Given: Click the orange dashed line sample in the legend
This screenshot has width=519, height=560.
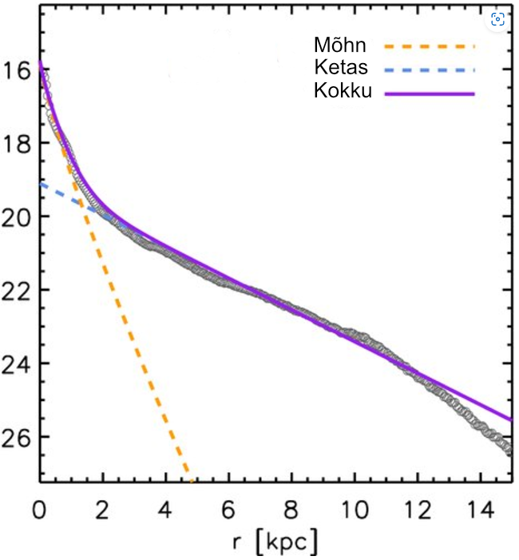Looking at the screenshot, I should coord(429,46).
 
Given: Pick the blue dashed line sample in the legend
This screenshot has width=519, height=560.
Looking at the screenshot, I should coord(429,70).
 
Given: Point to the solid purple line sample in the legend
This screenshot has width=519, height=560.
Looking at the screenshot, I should coord(429,93).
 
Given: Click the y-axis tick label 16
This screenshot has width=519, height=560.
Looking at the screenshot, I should coord(18,70).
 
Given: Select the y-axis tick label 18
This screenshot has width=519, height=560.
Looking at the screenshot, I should coord(18,143).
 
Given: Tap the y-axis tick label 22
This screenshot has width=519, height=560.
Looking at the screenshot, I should coord(18,290).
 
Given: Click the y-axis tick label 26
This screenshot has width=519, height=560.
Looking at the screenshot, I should coord(18,437).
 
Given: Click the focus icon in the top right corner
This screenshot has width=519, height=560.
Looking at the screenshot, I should coord(498,19).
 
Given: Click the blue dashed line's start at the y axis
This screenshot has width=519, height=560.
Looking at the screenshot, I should coord(41,184).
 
